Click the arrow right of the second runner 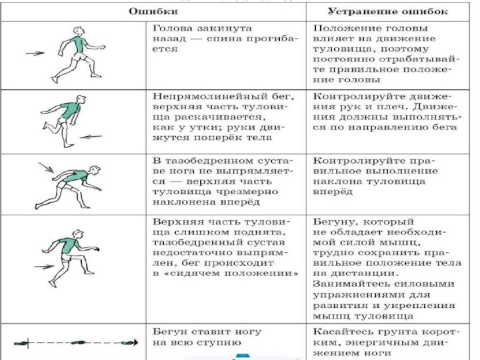click(92, 137)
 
